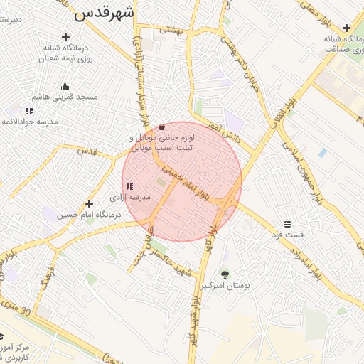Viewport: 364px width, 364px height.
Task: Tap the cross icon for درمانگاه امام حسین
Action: (x=89, y=203)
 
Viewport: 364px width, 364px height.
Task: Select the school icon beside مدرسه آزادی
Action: (x=129, y=186)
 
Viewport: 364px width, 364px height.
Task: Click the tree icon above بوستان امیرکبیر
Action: (x=225, y=274)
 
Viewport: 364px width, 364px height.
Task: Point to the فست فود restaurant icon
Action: (x=287, y=223)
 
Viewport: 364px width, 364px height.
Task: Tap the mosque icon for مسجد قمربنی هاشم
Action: (x=65, y=86)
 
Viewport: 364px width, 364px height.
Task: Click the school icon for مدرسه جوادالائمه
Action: (x=29, y=111)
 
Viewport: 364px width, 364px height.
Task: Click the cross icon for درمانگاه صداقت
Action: (x=346, y=28)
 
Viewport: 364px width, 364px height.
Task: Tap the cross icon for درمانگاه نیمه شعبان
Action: (x=66, y=37)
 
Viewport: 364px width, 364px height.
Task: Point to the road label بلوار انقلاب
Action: (x=280, y=117)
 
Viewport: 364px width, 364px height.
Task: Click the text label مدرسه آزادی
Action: (x=129, y=197)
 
